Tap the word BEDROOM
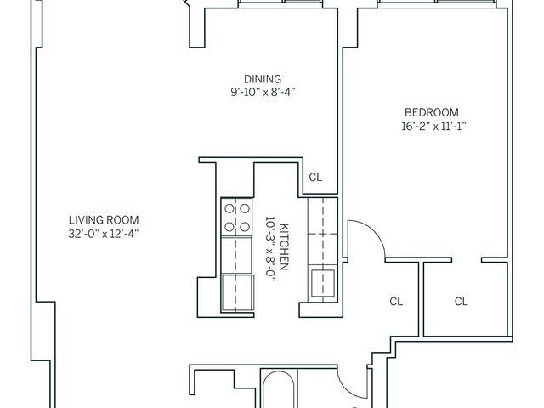click(431, 112)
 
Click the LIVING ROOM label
click(104, 218)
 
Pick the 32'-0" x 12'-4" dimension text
click(104, 232)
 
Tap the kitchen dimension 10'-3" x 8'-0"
click(271, 247)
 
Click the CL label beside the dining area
click(315, 178)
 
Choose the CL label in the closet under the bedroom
click(461, 301)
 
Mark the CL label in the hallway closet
click(395, 301)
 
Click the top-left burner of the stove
click(229, 207)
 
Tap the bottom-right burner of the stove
click(245, 226)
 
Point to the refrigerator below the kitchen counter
click(237, 292)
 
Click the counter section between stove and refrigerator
click(237, 256)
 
